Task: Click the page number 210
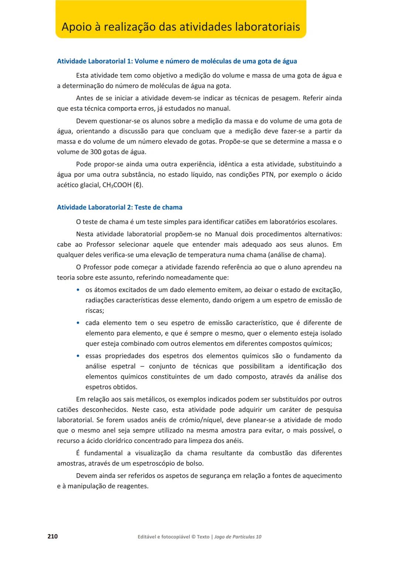pyautogui.click(x=52, y=536)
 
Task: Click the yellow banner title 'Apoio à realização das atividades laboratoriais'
pyautogui.click(x=181, y=27)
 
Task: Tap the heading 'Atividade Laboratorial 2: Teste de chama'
pyautogui.click(x=119, y=208)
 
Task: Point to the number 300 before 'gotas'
pyautogui.click(x=96, y=152)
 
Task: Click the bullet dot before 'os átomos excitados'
pyautogui.click(x=78, y=290)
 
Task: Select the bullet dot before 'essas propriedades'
pyautogui.click(x=78, y=356)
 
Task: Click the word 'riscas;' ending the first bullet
pyautogui.click(x=95, y=311)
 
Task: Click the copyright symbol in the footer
pyautogui.click(x=193, y=537)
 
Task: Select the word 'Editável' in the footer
pyautogui.click(x=146, y=537)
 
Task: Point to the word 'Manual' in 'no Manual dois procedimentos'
pyautogui.click(x=226, y=234)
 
